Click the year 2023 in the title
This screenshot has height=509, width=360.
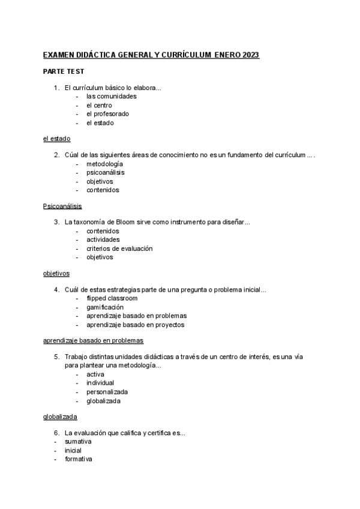point(251,55)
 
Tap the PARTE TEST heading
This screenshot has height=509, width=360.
point(63,71)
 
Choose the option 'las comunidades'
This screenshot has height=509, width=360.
point(111,96)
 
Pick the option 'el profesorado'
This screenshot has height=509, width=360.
point(107,113)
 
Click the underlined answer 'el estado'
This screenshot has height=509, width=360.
point(56,139)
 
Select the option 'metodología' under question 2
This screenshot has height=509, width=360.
point(104,164)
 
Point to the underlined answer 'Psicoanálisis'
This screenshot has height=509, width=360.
point(62,206)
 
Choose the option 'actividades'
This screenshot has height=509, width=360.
point(103,239)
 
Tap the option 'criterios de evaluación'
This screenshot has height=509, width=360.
point(119,248)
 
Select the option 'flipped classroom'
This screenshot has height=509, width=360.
point(112,298)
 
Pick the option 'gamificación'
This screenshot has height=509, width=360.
point(105,307)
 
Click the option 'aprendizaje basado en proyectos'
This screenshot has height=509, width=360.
point(135,325)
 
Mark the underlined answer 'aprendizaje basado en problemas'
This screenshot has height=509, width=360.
point(93,341)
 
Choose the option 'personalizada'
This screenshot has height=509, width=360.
point(107,392)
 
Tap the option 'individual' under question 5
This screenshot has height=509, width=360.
point(100,383)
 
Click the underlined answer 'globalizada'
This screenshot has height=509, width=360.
point(60,417)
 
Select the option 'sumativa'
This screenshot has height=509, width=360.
point(78,442)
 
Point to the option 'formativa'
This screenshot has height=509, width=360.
point(79,459)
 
